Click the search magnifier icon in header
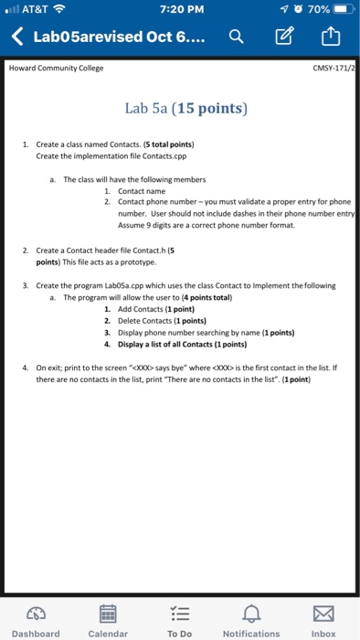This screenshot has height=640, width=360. coord(236,38)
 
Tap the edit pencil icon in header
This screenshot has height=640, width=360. coord(283,38)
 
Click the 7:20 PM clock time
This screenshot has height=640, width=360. coord(179,10)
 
